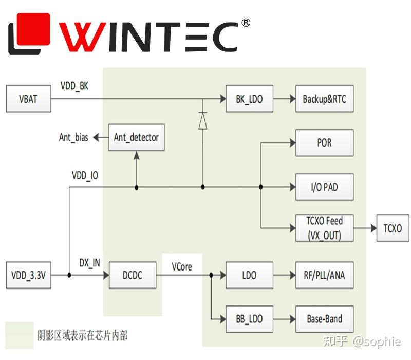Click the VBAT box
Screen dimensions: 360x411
point(28,99)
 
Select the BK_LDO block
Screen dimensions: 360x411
point(249,99)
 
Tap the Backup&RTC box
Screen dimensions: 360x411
point(324,99)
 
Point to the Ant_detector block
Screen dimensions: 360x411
point(136,137)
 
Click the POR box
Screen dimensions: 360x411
point(324,142)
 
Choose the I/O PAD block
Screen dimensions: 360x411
point(324,187)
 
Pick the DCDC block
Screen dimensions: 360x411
point(133,275)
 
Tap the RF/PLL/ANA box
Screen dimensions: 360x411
point(324,275)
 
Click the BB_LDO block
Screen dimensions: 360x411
point(249,319)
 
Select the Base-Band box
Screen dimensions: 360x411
point(324,319)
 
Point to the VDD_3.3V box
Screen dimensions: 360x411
point(28,275)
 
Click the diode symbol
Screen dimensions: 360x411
point(202,120)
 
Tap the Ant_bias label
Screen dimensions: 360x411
point(73,138)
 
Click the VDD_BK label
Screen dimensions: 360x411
point(74,86)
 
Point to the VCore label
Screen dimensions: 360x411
point(181,266)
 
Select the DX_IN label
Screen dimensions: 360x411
point(89,263)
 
